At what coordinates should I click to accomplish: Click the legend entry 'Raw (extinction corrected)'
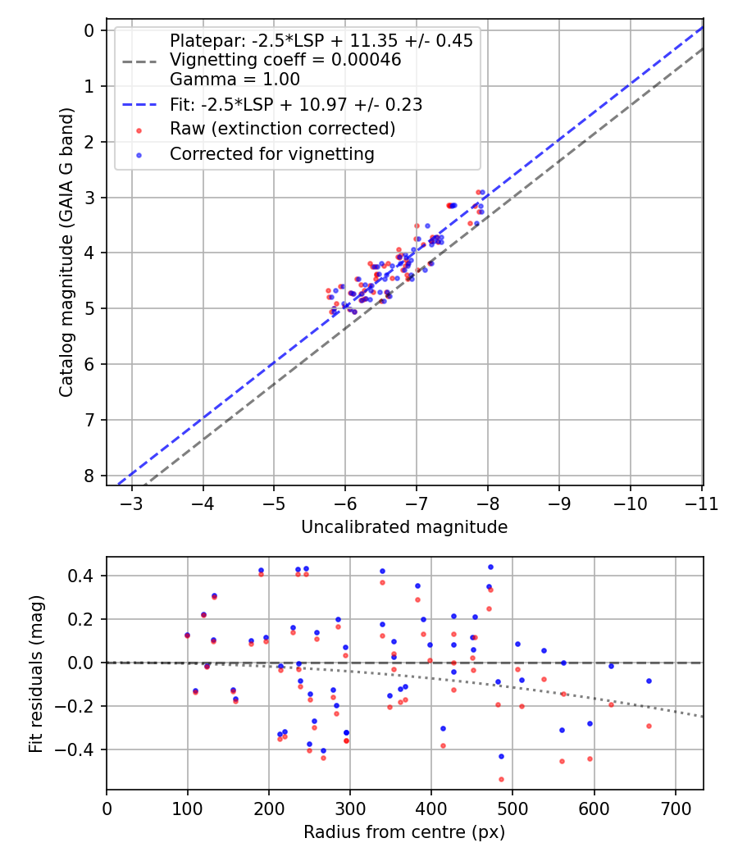click(x=282, y=129)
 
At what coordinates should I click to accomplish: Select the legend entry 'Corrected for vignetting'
click(x=271, y=153)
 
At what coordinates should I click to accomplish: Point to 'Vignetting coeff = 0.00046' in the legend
click(x=285, y=60)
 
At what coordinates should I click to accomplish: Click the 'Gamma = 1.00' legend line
click(x=235, y=80)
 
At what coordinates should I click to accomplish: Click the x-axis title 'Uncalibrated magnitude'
click(x=404, y=527)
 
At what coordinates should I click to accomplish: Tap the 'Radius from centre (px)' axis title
click(x=404, y=832)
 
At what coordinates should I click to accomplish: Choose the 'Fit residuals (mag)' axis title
click(x=35, y=673)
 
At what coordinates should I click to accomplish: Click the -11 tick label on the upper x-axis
click(x=702, y=503)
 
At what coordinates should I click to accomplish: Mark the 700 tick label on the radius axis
click(x=675, y=808)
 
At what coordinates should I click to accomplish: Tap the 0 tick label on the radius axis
click(x=107, y=808)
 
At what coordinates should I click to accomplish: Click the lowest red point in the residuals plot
click(x=501, y=779)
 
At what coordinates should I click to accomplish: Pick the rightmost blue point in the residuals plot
click(x=649, y=681)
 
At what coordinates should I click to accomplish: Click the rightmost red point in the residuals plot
click(x=649, y=726)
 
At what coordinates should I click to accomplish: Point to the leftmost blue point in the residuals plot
click(x=187, y=635)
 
